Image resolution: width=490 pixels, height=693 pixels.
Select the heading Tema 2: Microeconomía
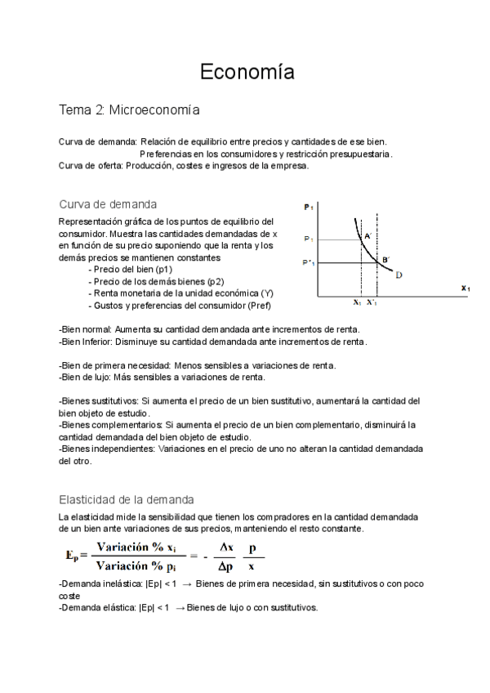(129, 109)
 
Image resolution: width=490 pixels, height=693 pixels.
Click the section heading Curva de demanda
(109, 203)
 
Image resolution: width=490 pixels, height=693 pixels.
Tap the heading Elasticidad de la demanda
(126, 499)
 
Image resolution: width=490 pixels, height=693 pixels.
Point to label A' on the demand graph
(368, 235)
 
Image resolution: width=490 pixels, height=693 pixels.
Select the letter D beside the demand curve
(399, 275)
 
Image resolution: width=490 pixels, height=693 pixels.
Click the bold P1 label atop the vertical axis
(309, 208)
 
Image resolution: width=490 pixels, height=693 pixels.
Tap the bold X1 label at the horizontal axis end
(465, 288)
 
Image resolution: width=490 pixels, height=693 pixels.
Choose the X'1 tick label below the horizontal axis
(372, 302)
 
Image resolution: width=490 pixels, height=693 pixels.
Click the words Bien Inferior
(87, 341)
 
